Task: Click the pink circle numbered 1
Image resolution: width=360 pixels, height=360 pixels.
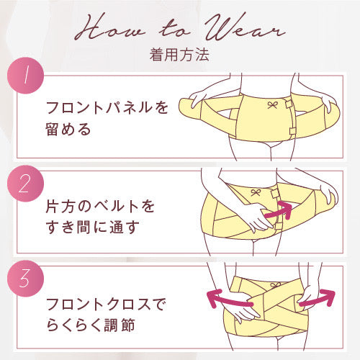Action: (25, 76)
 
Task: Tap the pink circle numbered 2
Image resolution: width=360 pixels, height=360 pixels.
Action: (25, 184)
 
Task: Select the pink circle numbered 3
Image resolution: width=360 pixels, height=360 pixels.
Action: (25, 279)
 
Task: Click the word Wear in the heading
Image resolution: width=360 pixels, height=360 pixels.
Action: (245, 27)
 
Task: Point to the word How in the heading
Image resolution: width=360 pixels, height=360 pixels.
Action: (110, 27)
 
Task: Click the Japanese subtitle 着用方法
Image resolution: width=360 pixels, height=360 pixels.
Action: (179, 55)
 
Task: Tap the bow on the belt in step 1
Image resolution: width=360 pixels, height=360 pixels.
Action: (272, 105)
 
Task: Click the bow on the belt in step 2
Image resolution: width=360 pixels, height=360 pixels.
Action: (256, 193)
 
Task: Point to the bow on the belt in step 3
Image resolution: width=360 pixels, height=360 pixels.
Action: (275, 286)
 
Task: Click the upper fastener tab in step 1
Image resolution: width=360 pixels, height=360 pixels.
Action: (289, 104)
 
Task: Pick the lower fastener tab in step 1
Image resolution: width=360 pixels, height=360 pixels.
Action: (292, 132)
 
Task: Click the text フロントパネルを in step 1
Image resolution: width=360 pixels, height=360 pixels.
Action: (107, 107)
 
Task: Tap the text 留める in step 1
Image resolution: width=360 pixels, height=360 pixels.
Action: (68, 129)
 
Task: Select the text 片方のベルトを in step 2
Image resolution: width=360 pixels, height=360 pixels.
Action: (100, 206)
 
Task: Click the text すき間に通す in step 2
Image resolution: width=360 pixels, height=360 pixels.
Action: (92, 228)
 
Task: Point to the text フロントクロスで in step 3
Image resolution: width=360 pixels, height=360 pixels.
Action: (106, 304)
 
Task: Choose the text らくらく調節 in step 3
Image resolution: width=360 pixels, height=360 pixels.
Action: (91, 325)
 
